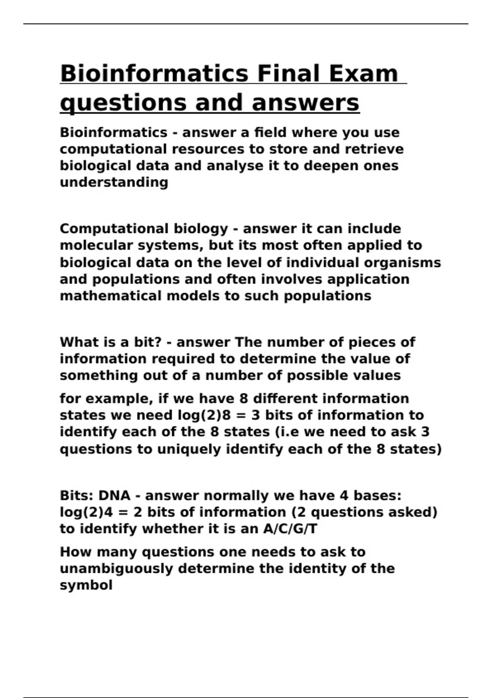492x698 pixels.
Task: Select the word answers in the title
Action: coord(305,103)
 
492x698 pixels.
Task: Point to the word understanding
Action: coord(114,182)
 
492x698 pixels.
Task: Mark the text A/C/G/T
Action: coord(290,529)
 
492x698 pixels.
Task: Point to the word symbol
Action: coord(86,585)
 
